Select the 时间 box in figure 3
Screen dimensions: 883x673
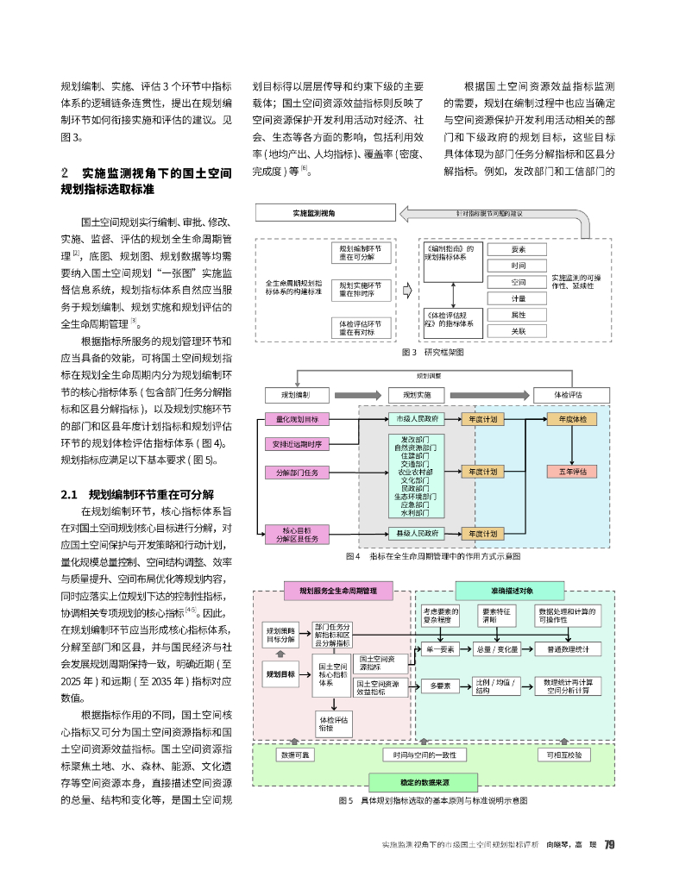518,266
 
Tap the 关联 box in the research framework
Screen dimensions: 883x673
518,330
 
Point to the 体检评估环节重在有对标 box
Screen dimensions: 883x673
361,327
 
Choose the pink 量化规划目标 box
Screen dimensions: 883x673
297,419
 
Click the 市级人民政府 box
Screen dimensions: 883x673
417,419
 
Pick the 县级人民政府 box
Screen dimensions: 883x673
417,534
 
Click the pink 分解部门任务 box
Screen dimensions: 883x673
297,473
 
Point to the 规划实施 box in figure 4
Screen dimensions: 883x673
417,395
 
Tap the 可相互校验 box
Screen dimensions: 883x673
565,755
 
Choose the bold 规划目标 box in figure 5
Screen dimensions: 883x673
280,673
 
